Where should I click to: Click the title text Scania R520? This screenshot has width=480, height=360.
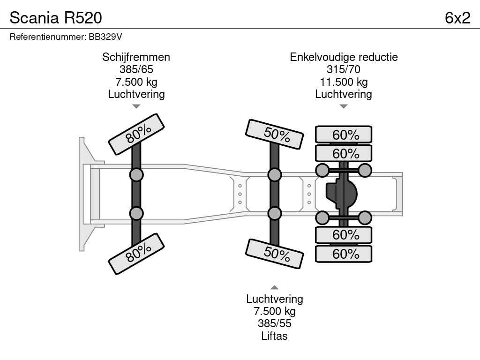[56, 18]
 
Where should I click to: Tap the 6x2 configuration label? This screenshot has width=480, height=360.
[457, 18]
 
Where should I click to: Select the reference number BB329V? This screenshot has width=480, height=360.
[105, 37]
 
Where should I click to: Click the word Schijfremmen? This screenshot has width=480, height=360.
[136, 57]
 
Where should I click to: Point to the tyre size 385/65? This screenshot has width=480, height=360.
[136, 69]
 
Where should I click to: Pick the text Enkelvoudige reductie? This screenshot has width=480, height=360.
[344, 57]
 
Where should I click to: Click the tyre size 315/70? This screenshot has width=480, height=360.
[344, 69]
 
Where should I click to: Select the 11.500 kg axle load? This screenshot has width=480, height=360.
[344, 82]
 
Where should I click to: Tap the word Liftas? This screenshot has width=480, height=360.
[274, 336]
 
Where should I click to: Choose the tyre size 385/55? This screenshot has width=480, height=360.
[274, 323]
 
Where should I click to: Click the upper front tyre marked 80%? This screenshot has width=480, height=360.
[136, 134]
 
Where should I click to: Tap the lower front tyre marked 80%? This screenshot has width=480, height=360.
[136, 254]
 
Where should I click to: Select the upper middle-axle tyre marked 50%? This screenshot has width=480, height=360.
[275, 135]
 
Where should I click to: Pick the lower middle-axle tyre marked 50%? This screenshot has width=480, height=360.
[275, 254]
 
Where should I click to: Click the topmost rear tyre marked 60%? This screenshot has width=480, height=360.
[344, 135]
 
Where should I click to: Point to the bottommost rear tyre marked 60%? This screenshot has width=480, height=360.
[344, 254]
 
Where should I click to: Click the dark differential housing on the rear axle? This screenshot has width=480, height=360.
[341, 194]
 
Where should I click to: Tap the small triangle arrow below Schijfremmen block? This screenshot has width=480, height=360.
[136, 106]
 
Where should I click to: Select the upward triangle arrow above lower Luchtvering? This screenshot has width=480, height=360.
[274, 287]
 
